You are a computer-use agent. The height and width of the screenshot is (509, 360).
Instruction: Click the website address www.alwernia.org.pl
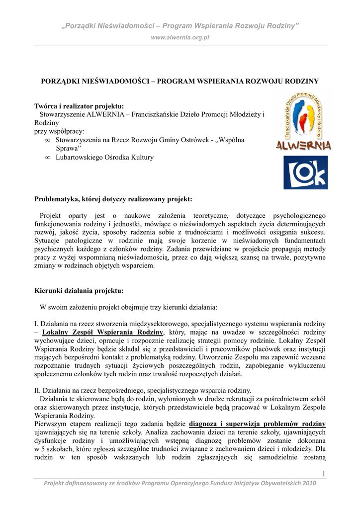coord(180,37)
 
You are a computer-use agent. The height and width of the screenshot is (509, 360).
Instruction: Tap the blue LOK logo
coord(305,172)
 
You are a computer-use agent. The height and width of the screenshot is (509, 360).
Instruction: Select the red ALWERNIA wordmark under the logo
coord(304,146)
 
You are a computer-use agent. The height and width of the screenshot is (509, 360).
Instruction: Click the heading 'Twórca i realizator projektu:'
coord(79,106)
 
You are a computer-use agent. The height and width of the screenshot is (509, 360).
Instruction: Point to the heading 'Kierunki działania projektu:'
coord(79,290)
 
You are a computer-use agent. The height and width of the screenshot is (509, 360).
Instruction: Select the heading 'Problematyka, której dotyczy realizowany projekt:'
coord(113,199)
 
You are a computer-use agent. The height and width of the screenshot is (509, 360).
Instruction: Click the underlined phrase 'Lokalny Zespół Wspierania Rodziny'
coord(103,332)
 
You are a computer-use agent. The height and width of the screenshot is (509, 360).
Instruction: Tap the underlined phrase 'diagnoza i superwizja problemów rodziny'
coord(258,424)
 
